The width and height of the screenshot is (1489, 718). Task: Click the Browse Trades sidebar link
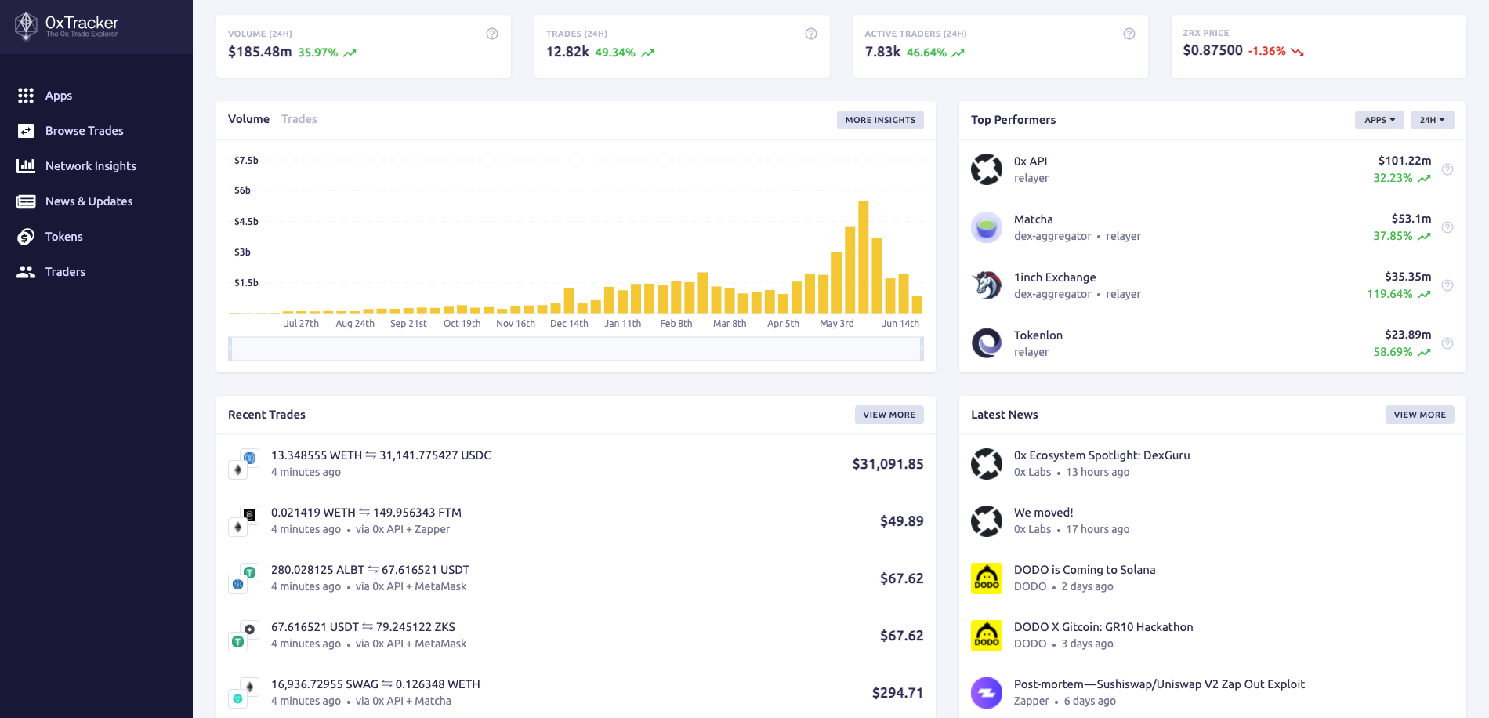click(x=84, y=131)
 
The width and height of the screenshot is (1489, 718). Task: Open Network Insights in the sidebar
click(x=90, y=166)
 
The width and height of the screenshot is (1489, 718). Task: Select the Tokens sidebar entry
click(x=63, y=237)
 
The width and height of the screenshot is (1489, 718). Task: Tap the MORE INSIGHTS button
click(x=880, y=120)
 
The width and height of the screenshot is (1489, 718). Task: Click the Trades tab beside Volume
click(x=299, y=119)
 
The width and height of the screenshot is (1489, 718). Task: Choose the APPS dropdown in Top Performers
click(x=1379, y=120)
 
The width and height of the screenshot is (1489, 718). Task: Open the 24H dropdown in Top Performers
click(x=1432, y=120)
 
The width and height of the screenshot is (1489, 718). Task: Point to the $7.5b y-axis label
click(x=246, y=161)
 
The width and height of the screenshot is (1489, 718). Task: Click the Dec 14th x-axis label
click(x=569, y=324)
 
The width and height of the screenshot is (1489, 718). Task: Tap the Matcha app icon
click(x=987, y=227)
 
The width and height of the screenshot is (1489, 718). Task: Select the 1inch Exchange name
click(x=1055, y=277)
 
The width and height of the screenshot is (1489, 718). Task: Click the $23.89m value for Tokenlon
click(x=1407, y=335)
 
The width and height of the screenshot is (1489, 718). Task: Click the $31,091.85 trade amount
click(x=887, y=464)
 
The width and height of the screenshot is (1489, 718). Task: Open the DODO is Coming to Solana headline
click(x=1084, y=570)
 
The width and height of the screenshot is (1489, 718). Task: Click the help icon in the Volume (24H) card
click(x=492, y=34)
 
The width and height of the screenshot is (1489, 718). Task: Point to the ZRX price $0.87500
click(x=1212, y=51)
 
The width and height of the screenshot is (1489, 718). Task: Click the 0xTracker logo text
click(x=82, y=23)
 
